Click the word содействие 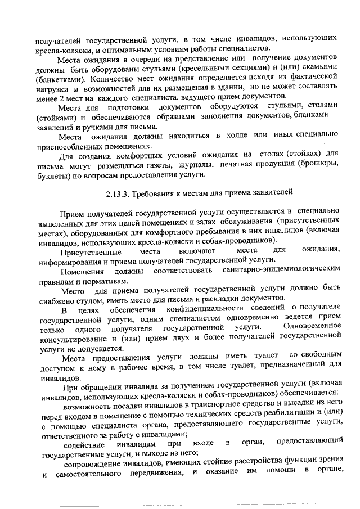83,444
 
